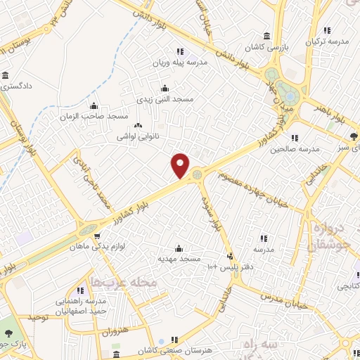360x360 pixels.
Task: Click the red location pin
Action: (x=181, y=165)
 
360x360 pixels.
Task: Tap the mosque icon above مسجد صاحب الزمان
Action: (x=94, y=105)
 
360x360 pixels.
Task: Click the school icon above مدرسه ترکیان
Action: (x=326, y=31)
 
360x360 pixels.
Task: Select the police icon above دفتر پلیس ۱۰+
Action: (x=230, y=256)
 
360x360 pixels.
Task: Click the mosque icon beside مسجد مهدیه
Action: (x=179, y=248)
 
